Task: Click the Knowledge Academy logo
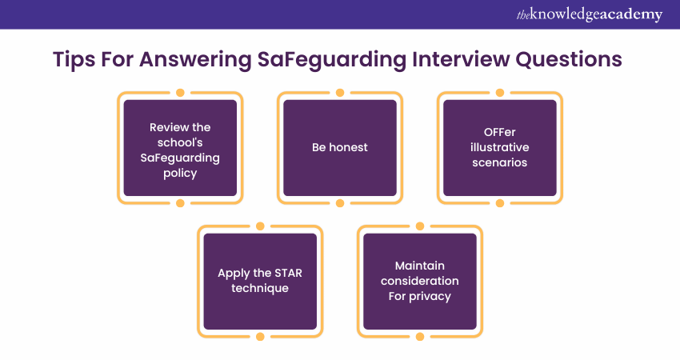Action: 590,14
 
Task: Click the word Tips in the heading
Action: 74,60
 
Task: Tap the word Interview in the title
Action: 461,59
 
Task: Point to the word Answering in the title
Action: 195,60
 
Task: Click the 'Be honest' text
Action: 339,147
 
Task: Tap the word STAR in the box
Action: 288,273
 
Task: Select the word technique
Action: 260,289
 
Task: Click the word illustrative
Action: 499,147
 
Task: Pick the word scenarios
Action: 499,162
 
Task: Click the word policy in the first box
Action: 180,174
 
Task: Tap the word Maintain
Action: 419,266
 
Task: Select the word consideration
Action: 419,281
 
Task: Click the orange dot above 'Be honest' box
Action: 340,92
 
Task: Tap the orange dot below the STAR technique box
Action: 260,337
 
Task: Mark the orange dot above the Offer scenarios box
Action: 499,92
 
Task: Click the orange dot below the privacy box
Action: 420,337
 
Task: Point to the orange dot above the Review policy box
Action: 181,92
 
